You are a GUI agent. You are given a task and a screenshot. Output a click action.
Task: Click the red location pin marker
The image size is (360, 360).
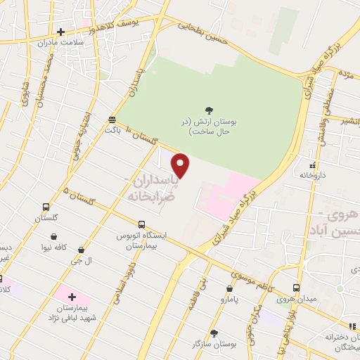tap(181, 166)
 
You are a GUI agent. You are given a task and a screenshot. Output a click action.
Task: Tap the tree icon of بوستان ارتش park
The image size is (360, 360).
tap(209, 109)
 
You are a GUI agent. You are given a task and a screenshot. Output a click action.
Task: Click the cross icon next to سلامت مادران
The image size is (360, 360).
tap(61, 32)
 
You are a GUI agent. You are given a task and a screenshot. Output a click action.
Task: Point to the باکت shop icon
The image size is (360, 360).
tap(112, 120)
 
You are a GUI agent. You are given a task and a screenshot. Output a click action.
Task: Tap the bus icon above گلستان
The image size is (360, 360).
tap(46, 207)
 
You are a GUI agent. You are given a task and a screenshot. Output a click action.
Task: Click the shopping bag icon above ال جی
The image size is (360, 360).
tap(82, 250)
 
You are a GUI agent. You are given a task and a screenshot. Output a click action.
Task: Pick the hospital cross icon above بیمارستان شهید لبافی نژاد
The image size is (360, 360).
tap(72, 297)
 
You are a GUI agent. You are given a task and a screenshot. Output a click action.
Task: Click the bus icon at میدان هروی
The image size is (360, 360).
tap(296, 288)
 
